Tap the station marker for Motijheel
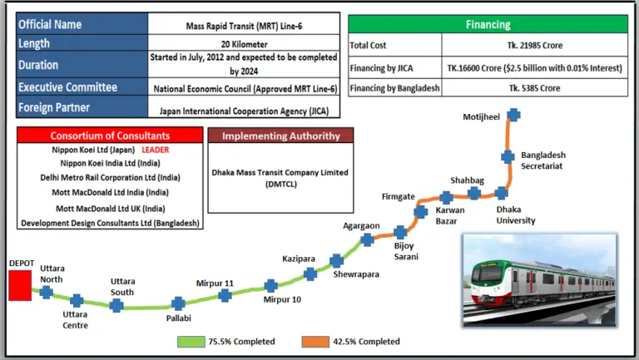click(514, 116)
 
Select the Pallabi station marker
click(178, 303)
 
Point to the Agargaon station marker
click(367, 240)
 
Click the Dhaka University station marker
click(502, 193)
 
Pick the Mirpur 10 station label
click(282, 299)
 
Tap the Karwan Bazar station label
click(450, 215)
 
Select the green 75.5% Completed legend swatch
click(191, 342)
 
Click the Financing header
click(488, 25)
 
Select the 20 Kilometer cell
click(245, 42)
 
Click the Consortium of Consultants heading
click(110, 136)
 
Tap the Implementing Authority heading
click(280, 136)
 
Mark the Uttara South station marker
click(116, 305)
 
